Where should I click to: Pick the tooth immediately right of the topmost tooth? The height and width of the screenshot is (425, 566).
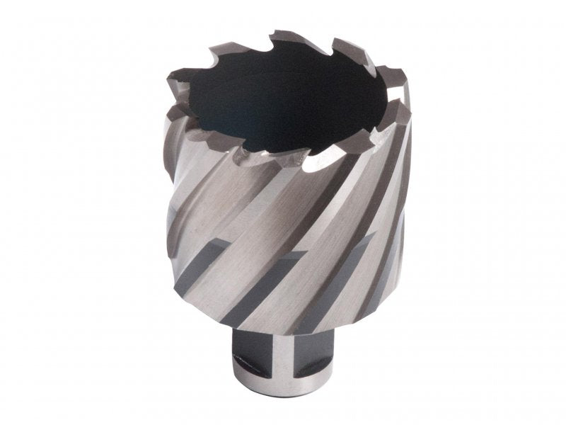pyautogui.click(x=340, y=47)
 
